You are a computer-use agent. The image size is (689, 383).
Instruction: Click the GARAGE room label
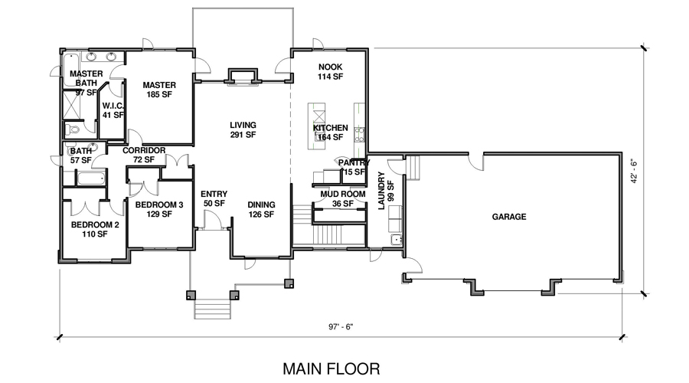(509, 217)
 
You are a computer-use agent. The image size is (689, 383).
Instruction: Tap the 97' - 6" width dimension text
(341, 327)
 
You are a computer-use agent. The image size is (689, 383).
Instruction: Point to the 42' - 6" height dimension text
(634, 171)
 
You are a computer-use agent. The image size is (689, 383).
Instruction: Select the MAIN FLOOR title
(331, 369)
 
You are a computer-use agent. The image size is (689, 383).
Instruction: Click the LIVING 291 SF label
(243, 130)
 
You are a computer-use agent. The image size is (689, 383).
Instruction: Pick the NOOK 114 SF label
(331, 72)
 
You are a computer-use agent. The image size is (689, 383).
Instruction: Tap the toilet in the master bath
(73, 129)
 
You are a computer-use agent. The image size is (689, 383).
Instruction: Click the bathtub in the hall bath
(91, 178)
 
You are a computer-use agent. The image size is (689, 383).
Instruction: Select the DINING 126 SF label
(262, 210)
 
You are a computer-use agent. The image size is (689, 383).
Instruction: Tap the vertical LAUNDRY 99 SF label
(386, 191)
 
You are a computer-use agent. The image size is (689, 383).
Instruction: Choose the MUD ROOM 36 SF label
(343, 198)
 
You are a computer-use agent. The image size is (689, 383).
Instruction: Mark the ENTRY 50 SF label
(214, 198)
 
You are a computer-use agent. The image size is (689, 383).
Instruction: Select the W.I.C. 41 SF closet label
(113, 110)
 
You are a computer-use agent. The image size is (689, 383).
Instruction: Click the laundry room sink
(397, 240)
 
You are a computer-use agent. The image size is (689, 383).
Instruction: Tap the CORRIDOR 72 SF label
(144, 155)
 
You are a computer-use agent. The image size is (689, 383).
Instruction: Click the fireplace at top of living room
(241, 76)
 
